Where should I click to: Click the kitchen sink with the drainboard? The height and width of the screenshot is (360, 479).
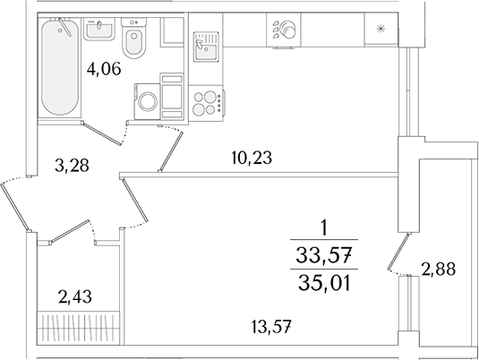tap(209, 44)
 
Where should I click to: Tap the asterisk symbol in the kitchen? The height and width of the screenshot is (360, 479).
tap(381, 30)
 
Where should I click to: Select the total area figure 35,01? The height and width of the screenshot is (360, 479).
tap(326, 285)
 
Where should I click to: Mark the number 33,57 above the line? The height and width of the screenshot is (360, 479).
tap(326, 254)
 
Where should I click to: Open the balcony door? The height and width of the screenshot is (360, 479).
tap(397, 252)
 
